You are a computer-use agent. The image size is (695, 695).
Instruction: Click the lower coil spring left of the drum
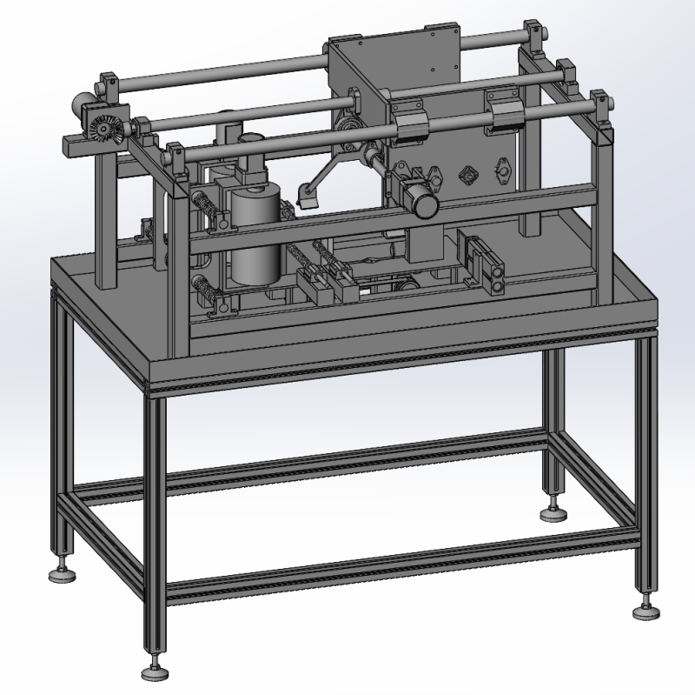204,286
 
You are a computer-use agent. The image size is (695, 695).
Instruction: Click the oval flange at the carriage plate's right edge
502,170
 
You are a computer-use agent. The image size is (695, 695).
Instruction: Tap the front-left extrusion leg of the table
155,522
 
